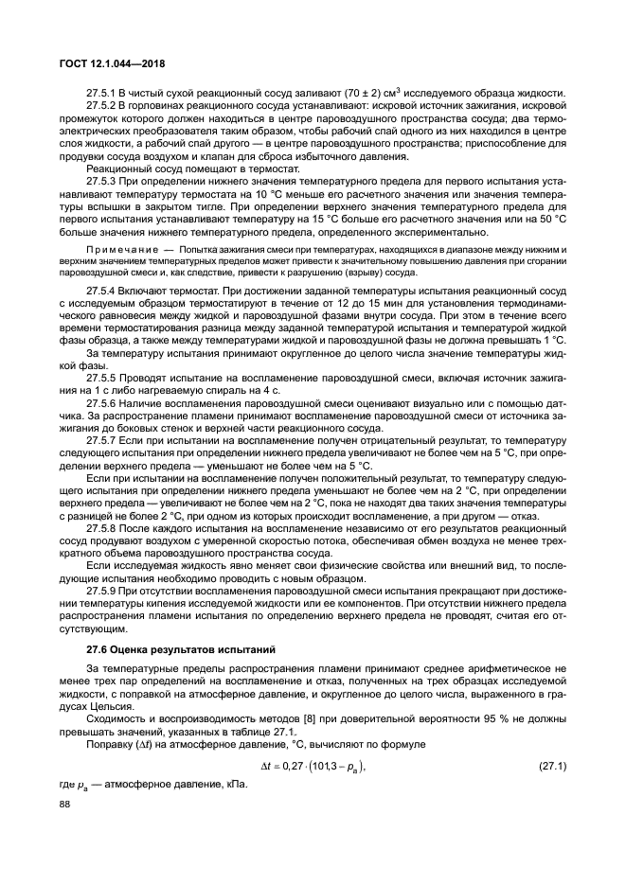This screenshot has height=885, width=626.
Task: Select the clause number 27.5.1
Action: (100, 93)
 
